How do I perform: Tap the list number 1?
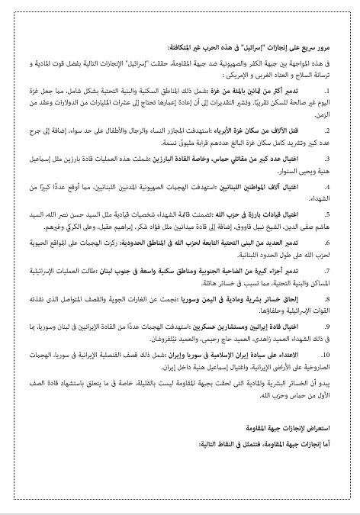(x=338, y=91)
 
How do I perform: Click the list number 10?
(x=336, y=355)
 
